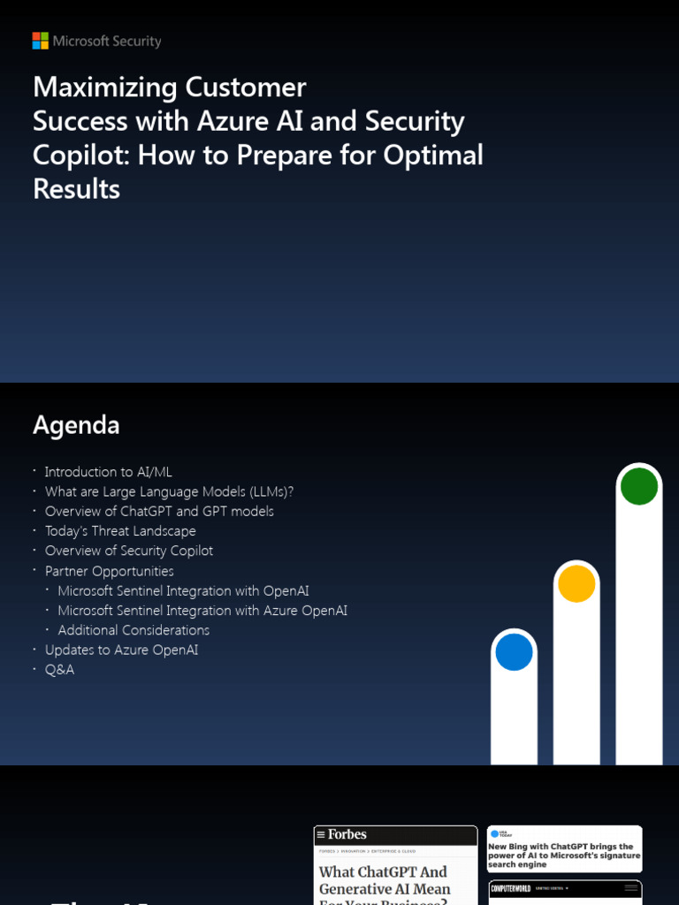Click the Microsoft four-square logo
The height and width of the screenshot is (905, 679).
[41, 41]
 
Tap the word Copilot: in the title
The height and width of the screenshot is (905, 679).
[81, 155]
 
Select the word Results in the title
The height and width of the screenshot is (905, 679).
[76, 188]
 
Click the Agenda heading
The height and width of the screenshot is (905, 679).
[76, 425]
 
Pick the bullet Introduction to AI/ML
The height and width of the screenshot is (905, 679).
[108, 472]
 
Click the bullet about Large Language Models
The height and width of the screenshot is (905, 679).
[169, 491]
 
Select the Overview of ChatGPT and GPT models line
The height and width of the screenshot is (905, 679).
[159, 511]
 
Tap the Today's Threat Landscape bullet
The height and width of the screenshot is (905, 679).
[120, 531]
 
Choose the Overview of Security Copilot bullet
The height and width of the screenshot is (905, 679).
[129, 551]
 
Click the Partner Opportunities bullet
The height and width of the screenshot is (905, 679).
[110, 571]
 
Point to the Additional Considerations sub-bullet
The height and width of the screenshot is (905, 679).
[134, 630]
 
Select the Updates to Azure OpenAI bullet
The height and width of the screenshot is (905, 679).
[121, 650]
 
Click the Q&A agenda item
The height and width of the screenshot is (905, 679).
[59, 670]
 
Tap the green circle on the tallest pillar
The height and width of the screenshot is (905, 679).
[638, 486]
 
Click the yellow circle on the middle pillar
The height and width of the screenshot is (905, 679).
[576, 583]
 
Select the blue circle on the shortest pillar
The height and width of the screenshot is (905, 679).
[514, 652]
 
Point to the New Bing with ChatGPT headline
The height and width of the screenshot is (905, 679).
[561, 855]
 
